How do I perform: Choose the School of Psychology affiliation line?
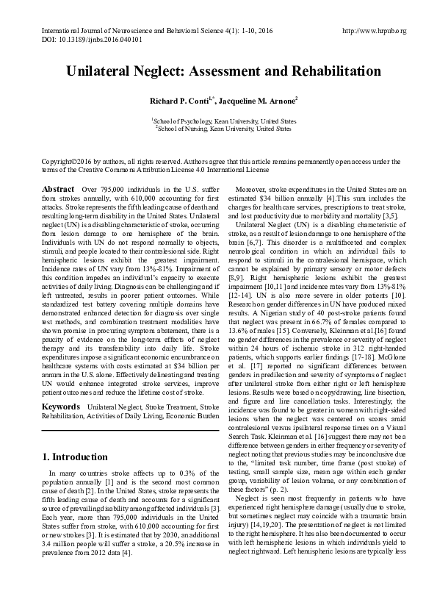point(223,121)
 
